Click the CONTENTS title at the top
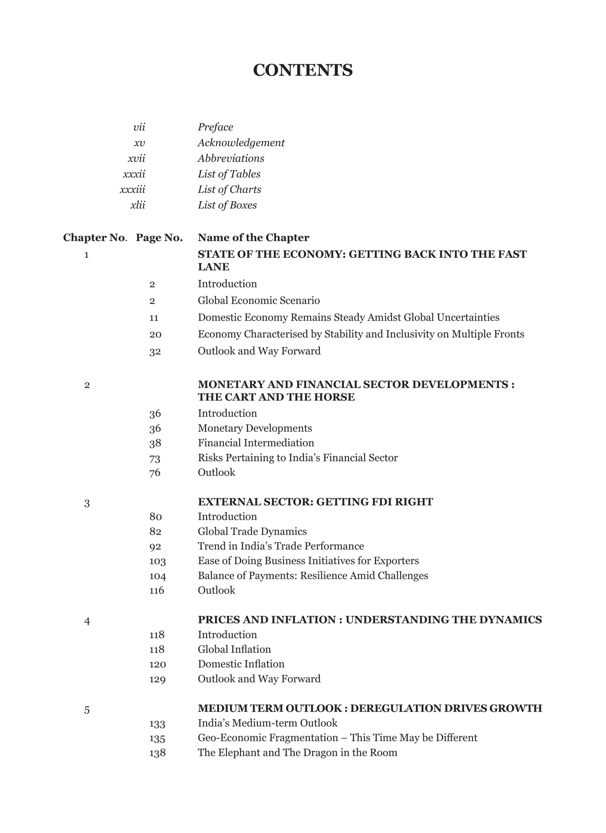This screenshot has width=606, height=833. click(x=303, y=70)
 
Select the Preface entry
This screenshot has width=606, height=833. click(x=215, y=127)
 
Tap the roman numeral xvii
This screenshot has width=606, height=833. click(x=136, y=158)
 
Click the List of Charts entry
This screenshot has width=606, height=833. click(x=229, y=189)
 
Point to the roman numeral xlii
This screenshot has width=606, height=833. click(x=138, y=205)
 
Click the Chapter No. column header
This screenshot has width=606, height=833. click(x=95, y=238)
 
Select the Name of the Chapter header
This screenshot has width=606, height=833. click(x=254, y=238)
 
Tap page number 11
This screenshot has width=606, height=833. click(x=154, y=318)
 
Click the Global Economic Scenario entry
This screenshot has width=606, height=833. click(x=258, y=300)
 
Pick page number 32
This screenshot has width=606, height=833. click(x=155, y=351)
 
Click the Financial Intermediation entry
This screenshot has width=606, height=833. click(x=255, y=443)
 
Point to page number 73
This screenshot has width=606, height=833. click(x=155, y=458)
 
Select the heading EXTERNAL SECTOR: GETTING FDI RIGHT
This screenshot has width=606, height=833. click(x=315, y=502)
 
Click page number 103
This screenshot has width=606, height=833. click(x=157, y=561)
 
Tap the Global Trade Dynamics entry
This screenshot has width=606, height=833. click(x=252, y=531)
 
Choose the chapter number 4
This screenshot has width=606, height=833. click(x=87, y=621)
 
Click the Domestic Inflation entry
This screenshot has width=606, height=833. click(x=241, y=664)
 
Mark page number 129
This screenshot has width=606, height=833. click(x=157, y=679)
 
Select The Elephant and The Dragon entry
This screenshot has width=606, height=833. click(x=297, y=753)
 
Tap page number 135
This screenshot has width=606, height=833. click(x=157, y=738)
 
